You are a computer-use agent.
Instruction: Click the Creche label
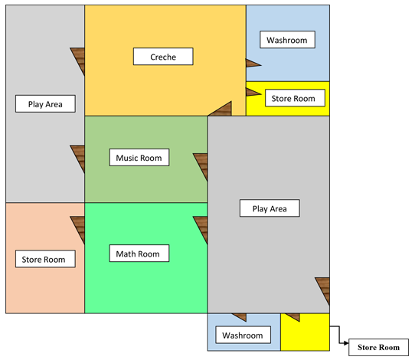pos(163,57)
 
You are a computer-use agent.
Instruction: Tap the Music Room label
pos(139,158)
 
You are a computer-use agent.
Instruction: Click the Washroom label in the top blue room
pos(287,40)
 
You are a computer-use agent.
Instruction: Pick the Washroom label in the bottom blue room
pos(243,335)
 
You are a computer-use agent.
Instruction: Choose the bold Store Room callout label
pos(379,347)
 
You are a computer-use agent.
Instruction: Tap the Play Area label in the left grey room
pos(45,103)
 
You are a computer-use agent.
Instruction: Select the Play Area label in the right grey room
pos(270,208)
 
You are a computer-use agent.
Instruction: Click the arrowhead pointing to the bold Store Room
pos(346,343)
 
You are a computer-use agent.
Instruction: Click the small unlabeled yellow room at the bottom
pos(306,333)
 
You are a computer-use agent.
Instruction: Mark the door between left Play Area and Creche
pos(77,61)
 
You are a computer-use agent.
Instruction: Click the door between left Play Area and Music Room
pos(77,159)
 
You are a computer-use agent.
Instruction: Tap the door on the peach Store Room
pos(77,230)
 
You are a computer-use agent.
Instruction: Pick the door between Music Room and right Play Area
pos(201,167)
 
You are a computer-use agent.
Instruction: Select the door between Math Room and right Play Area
pos(201,230)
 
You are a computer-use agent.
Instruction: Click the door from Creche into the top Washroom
pos(253,64)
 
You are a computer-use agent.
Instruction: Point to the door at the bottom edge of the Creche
pos(222,109)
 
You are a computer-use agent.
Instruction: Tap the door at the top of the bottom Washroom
pos(240,317)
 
